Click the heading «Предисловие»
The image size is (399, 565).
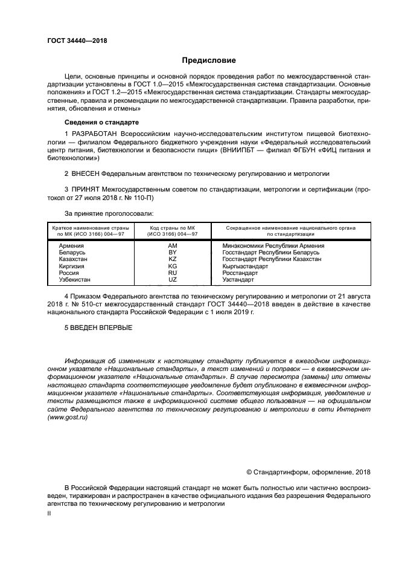[x=209, y=60]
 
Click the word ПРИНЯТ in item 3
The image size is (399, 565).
[x=86, y=189]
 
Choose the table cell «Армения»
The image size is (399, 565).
[x=71, y=246]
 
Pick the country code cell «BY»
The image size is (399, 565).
[x=173, y=253]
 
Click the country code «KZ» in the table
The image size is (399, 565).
[x=173, y=259]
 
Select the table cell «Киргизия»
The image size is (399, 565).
[x=72, y=266]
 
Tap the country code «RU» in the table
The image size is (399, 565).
[x=173, y=273]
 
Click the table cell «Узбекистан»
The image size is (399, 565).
[x=75, y=279]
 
